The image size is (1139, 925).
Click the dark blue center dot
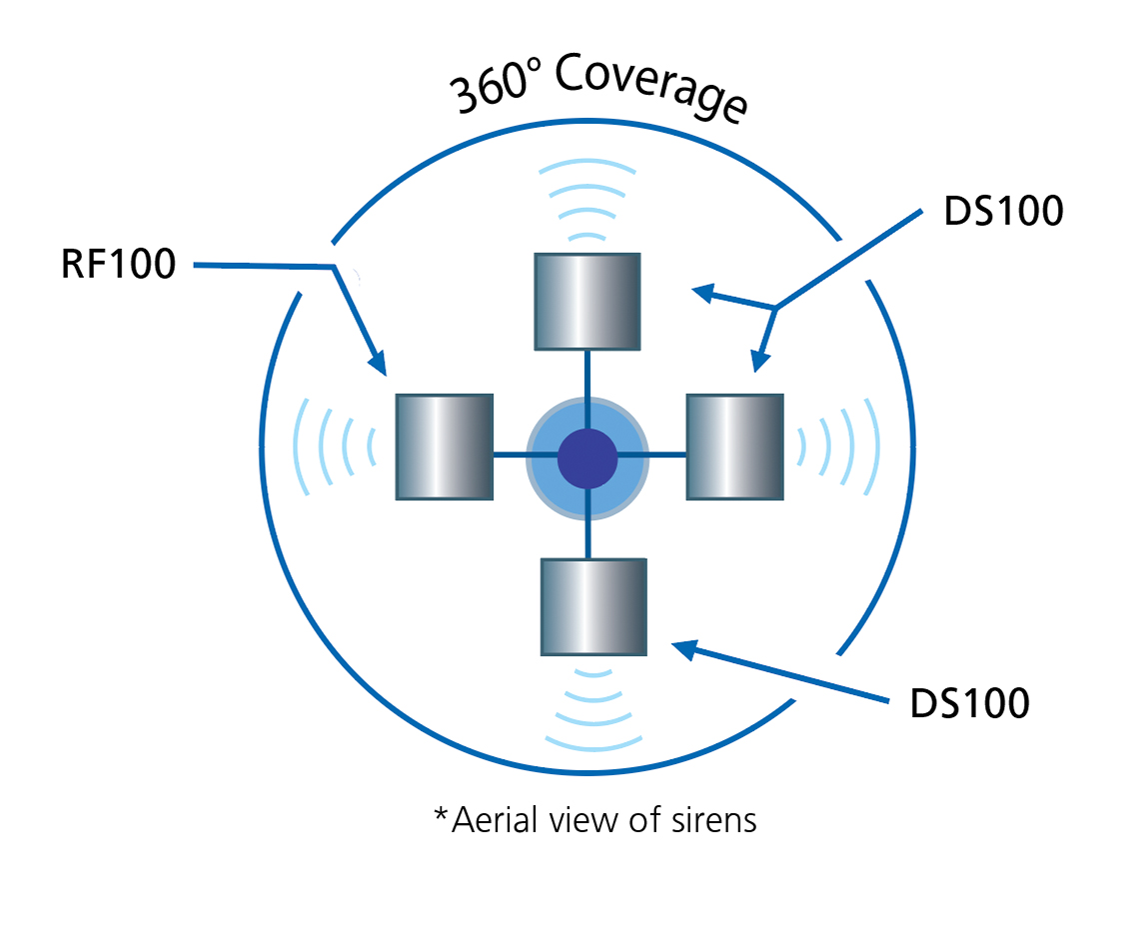click(587, 457)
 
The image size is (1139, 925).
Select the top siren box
click(587, 301)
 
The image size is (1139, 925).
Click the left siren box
click(445, 446)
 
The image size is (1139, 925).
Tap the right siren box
click(734, 446)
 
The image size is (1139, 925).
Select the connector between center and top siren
click(587, 375)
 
